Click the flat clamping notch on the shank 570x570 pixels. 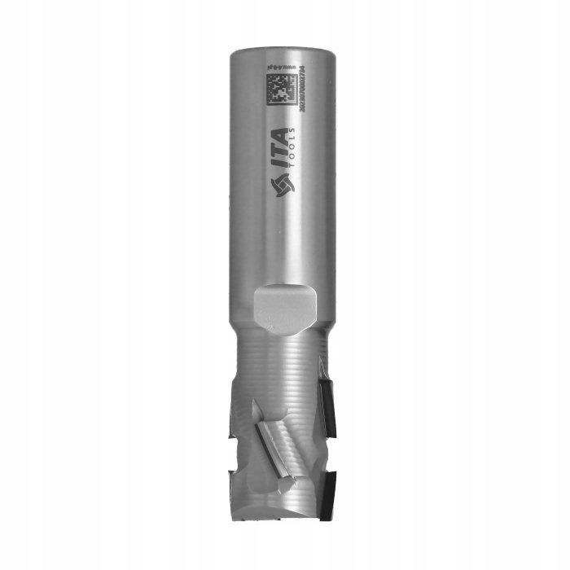point(281,308)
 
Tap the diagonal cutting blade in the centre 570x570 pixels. point(272,445)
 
